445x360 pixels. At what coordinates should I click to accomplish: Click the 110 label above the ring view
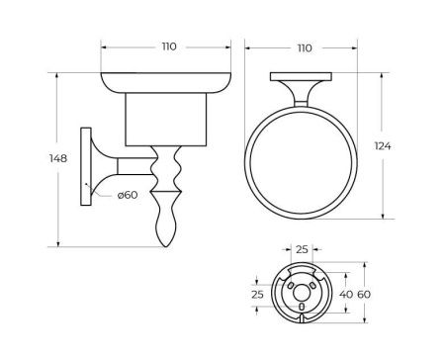pyautogui.click(x=305, y=46)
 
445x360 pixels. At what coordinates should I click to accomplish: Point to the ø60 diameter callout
pyautogui.click(x=126, y=196)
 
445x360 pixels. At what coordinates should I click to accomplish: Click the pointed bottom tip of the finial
pyautogui.click(x=165, y=244)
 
